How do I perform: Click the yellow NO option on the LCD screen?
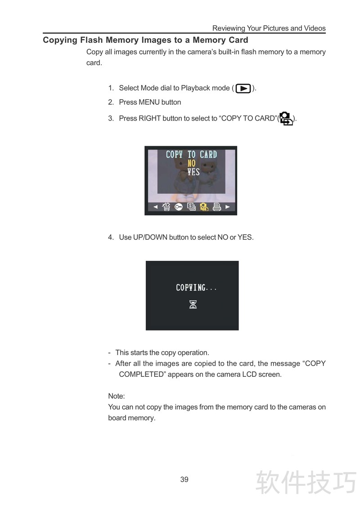(191, 163)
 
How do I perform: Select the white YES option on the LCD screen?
(193, 172)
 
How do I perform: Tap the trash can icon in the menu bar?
(166, 206)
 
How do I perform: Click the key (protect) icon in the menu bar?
(178, 207)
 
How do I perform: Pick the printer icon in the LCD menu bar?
(217, 206)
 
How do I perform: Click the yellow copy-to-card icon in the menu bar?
(204, 206)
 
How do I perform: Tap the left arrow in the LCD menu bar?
(156, 207)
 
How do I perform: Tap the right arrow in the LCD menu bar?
(227, 207)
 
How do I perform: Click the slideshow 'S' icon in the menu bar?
(191, 206)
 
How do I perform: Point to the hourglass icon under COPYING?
(193, 304)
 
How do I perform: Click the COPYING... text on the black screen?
(196, 287)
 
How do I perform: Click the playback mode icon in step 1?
(243, 88)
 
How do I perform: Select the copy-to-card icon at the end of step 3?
(286, 119)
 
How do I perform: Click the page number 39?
(184, 479)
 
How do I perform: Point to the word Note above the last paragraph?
(116, 396)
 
